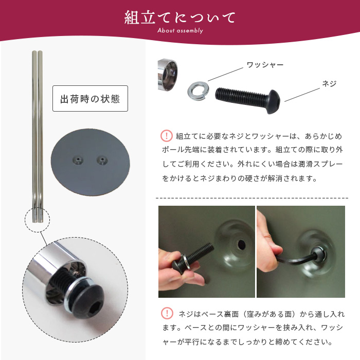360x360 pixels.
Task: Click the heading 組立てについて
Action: tap(180, 17)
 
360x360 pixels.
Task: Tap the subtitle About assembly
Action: tap(180, 30)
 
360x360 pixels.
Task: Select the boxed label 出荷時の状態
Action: tap(90, 99)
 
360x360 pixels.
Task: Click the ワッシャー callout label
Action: tap(265, 65)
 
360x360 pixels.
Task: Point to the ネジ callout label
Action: tap(329, 83)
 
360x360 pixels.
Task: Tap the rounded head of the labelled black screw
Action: tap(274, 101)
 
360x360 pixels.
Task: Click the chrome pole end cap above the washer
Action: tap(167, 75)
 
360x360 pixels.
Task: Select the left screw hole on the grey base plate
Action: tap(78, 160)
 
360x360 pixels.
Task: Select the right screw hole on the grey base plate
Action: tap(102, 160)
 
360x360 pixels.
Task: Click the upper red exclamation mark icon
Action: tap(167, 136)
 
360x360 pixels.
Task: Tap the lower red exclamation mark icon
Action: tap(167, 313)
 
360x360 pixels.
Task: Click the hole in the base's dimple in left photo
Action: tap(241, 244)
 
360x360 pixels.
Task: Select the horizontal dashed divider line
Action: tap(252, 198)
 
